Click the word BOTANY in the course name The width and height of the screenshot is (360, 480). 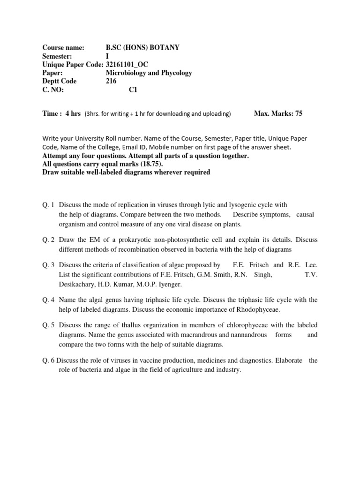click(x=164, y=48)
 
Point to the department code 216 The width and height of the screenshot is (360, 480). click(x=112, y=81)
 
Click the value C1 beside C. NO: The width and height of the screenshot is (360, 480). click(x=134, y=90)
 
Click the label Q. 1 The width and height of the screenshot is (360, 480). click(x=49, y=205)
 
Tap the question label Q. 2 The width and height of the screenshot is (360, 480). click(x=49, y=240)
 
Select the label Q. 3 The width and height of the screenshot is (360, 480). click(x=49, y=265)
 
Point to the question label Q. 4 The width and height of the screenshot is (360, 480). click(x=49, y=300)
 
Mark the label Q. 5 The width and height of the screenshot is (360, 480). click(x=49, y=325)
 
